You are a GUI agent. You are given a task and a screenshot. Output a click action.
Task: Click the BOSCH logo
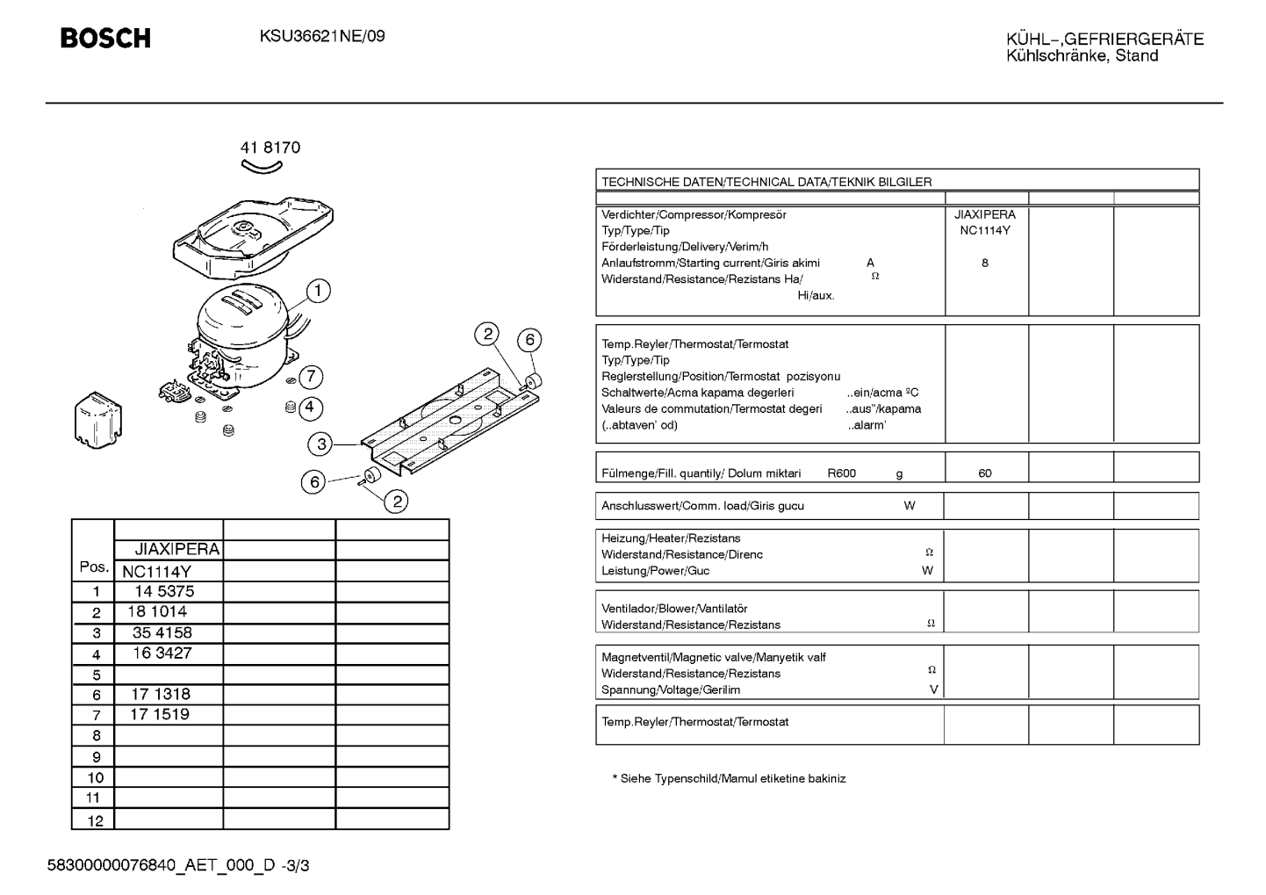pos(105,39)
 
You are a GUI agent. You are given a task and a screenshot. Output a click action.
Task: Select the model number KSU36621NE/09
pos(322,36)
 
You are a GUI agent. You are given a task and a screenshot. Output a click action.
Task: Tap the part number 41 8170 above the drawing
pos(270,148)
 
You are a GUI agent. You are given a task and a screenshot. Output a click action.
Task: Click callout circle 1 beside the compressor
pos(318,291)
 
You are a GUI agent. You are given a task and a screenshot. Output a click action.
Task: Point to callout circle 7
pos(311,377)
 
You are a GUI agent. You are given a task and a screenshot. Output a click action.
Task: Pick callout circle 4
pos(310,408)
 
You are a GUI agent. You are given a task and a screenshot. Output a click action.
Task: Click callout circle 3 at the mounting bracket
pos(320,444)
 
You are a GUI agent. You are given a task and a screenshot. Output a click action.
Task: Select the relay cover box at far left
pos(98,420)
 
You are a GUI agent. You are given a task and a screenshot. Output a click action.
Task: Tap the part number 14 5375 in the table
pos(164,591)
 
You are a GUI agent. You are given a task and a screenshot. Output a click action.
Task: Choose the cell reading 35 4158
pos(162,632)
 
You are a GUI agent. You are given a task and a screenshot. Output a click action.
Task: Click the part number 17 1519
pos(160,715)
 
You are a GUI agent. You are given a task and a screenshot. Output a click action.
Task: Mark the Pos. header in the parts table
pos(94,567)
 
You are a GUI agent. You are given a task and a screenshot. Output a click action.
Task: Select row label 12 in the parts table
pos(96,821)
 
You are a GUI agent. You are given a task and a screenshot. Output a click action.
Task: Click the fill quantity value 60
pos(984,473)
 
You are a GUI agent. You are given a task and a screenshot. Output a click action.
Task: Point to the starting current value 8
pos(985,263)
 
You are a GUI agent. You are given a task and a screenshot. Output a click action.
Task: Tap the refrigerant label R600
pos(842,473)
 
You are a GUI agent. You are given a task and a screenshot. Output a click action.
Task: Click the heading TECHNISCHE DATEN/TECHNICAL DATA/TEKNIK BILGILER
pos(766,182)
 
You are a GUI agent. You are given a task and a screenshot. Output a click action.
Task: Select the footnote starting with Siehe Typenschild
pos(729,778)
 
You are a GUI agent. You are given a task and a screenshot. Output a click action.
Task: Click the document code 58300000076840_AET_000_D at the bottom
pos(161,866)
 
